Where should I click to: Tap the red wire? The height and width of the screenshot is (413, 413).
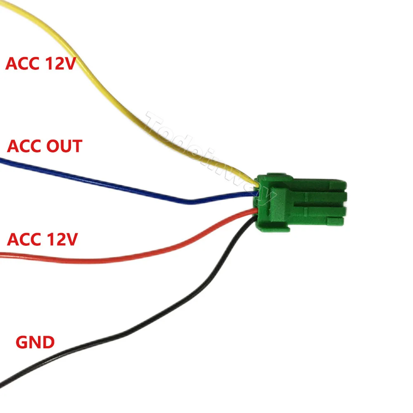click(124, 259)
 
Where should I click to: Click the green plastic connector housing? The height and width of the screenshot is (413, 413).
click(301, 200)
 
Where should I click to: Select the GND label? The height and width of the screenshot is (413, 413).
click(35, 342)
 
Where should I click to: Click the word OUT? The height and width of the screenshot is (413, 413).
click(62, 146)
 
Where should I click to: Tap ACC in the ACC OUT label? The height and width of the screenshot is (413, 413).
click(23, 146)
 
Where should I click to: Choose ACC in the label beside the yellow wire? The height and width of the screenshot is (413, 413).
click(22, 64)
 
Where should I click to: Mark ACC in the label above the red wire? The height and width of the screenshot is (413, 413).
click(23, 240)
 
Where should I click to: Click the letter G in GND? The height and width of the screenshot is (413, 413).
click(21, 342)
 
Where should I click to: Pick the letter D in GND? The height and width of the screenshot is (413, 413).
click(48, 342)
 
